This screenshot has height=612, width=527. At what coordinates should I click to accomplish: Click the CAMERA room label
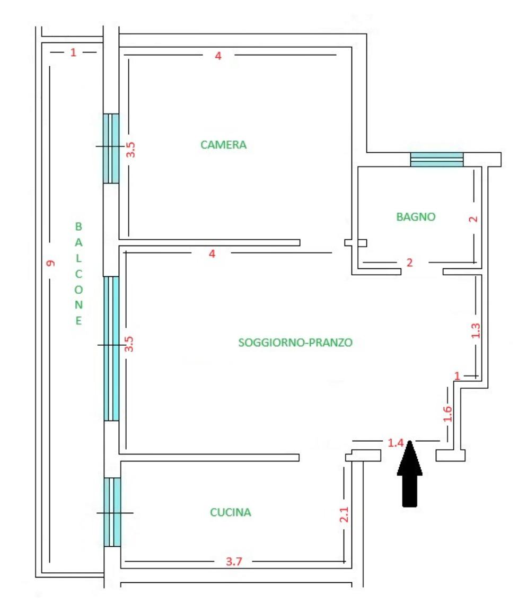click(224, 145)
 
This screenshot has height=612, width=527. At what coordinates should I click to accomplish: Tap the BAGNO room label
click(416, 216)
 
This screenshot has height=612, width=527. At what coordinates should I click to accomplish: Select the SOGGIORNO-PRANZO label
click(295, 343)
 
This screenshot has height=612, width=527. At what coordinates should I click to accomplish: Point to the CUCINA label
click(230, 512)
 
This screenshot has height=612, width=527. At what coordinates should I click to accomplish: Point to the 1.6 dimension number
click(447, 413)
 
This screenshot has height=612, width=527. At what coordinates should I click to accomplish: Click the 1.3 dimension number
click(476, 331)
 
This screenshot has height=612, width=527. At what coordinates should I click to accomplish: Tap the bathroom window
click(437, 159)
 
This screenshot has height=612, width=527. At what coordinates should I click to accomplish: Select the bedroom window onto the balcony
click(111, 148)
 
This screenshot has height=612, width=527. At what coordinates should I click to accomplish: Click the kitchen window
click(112, 512)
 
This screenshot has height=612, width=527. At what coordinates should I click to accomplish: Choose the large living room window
click(111, 348)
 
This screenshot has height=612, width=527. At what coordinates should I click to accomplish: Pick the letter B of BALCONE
click(78, 226)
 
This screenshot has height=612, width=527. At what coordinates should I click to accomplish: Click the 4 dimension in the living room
click(212, 254)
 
